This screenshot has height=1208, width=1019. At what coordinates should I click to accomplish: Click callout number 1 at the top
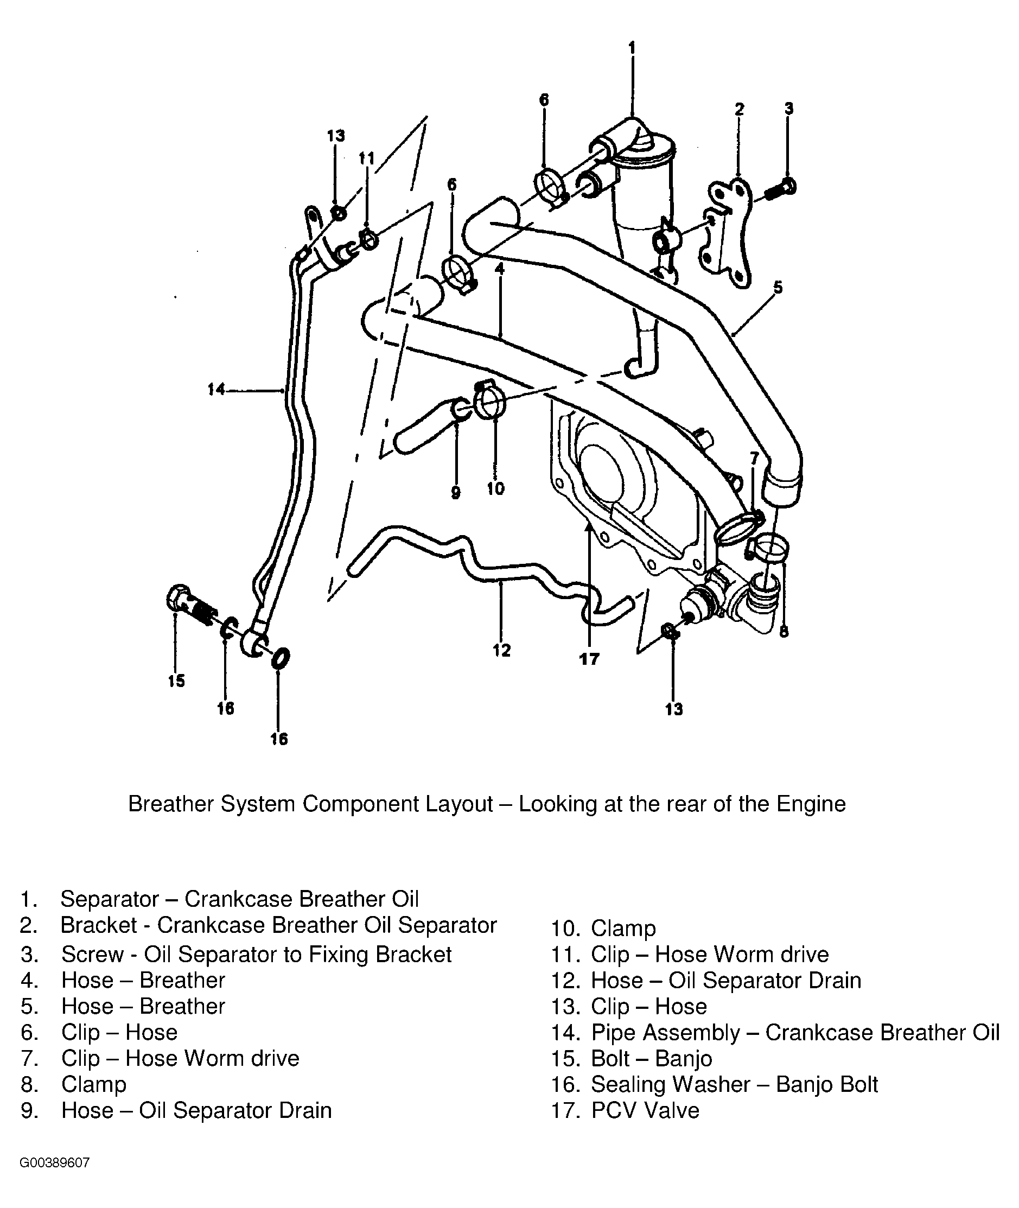click(632, 47)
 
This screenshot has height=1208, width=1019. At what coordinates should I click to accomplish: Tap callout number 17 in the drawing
click(589, 659)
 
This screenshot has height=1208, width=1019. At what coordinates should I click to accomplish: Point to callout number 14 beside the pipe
click(216, 390)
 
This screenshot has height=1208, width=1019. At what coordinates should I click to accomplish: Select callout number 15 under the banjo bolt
click(177, 681)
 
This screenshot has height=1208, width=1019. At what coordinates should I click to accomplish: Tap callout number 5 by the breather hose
click(778, 287)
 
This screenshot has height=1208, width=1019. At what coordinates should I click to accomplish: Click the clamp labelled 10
click(490, 400)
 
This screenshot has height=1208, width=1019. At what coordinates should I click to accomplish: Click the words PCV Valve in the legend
click(645, 1110)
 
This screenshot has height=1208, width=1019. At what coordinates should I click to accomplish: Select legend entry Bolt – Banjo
click(651, 1058)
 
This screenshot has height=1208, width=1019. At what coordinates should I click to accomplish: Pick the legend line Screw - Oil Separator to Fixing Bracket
click(256, 955)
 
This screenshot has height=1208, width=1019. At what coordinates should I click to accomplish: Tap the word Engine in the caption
click(811, 804)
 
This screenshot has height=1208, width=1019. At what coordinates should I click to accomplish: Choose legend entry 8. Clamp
click(93, 1084)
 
